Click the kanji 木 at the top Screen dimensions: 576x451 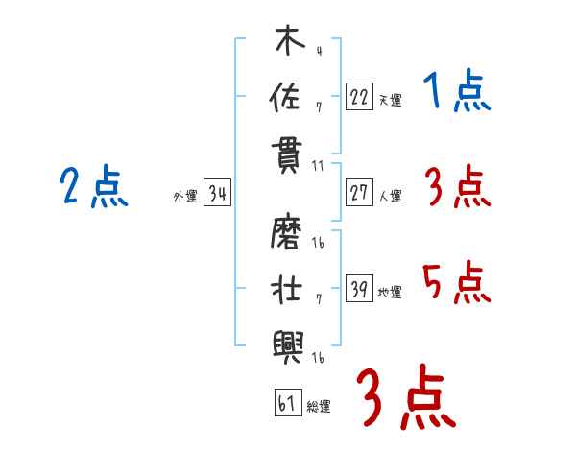click(x=290, y=39)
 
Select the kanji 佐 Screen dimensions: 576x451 click(x=285, y=96)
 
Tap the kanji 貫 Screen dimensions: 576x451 click(x=286, y=157)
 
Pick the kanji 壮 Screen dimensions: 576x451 click(x=286, y=288)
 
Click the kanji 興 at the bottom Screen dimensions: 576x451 click(x=288, y=347)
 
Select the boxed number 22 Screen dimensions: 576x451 click(x=359, y=96)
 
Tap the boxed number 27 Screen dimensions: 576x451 click(x=359, y=193)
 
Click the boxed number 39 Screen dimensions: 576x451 click(x=359, y=288)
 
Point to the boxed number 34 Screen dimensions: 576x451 click(x=217, y=193)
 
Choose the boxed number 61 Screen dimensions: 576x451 click(x=288, y=403)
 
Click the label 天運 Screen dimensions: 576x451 click(x=391, y=100)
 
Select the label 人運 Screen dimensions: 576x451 click(x=391, y=196)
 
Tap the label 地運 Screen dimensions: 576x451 click(x=390, y=293)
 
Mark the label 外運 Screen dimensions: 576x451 click(x=185, y=197)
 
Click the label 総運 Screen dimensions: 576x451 click(x=319, y=407)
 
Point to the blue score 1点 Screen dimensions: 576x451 click(x=457, y=90)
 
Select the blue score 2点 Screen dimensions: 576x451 click(x=94, y=186)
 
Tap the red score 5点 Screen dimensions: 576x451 click(x=457, y=282)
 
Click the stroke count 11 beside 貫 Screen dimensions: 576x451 click(x=318, y=166)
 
